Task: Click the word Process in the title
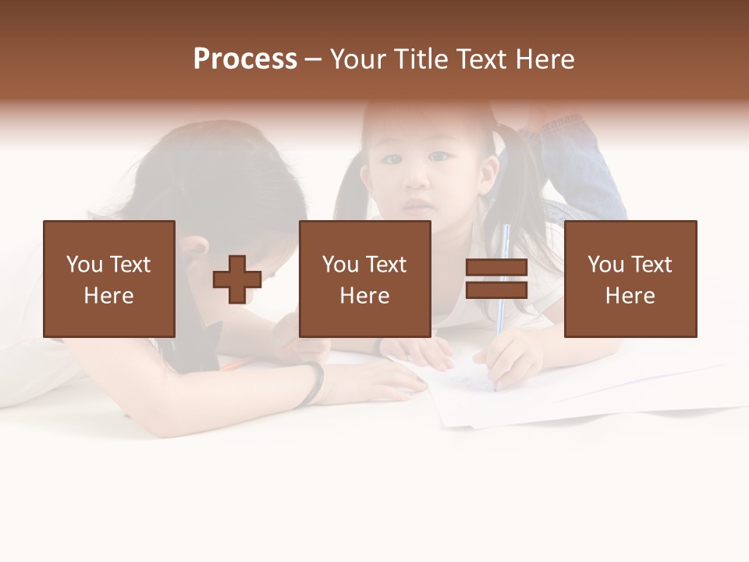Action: click(245, 59)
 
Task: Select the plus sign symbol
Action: click(237, 279)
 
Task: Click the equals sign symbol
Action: click(496, 279)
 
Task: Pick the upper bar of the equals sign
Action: click(496, 268)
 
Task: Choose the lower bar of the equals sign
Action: click(496, 290)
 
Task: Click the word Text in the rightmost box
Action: click(651, 265)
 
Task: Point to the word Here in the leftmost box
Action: click(108, 296)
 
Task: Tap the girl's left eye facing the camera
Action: click(441, 157)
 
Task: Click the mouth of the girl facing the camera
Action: click(419, 206)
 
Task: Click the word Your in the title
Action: click(358, 59)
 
